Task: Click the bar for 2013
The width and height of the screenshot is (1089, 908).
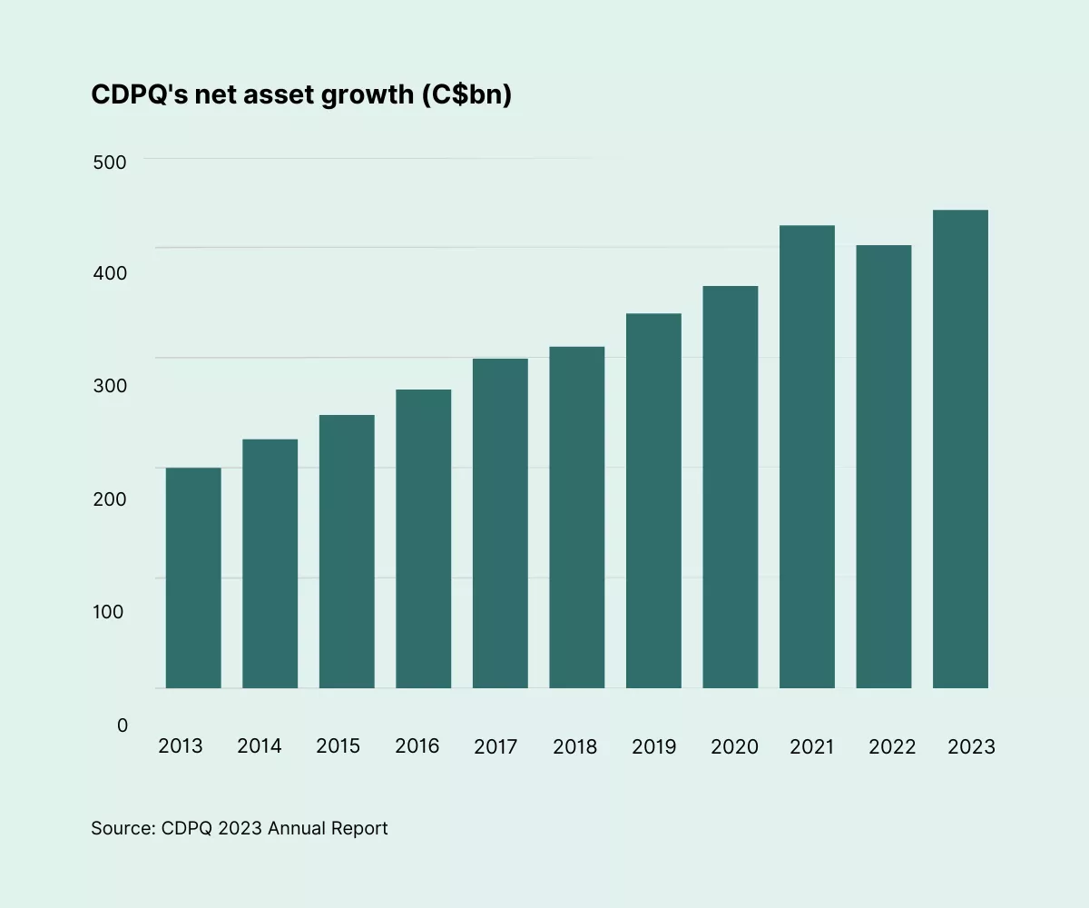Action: pos(193,577)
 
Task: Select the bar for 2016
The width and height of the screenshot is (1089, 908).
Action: pos(424,538)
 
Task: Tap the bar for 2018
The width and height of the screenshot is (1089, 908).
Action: pos(577,517)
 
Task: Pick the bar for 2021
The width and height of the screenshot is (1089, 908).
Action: pos(807,457)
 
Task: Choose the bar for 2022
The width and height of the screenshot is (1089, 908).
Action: pos(884,467)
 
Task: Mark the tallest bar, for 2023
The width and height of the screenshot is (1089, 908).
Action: pos(960,449)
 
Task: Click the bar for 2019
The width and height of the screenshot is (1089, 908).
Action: pos(653,500)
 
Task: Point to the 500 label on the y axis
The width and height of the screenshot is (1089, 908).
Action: pos(109,162)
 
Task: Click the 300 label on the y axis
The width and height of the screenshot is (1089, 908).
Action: pos(109,386)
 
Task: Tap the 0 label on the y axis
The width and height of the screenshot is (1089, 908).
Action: pos(123,725)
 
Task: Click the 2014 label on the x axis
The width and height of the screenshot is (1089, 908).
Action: pos(260,746)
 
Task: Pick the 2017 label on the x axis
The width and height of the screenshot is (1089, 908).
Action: pos(495,746)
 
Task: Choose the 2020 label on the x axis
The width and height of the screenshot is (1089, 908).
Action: pos(733,746)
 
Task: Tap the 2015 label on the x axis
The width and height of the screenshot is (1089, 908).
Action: pos(338,746)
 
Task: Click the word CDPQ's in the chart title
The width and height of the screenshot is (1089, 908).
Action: pos(135,95)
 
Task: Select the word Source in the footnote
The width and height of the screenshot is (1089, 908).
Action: pos(121,828)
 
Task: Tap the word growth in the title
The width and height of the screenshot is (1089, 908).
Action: pos(368,95)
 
